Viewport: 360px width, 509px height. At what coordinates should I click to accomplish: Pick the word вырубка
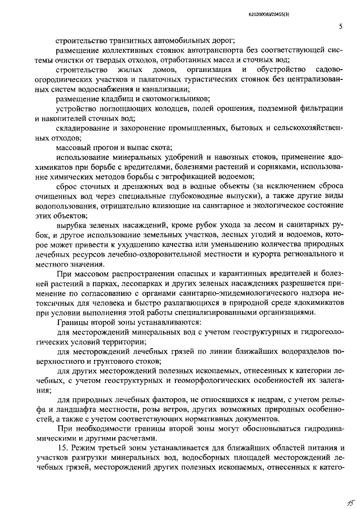71,226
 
